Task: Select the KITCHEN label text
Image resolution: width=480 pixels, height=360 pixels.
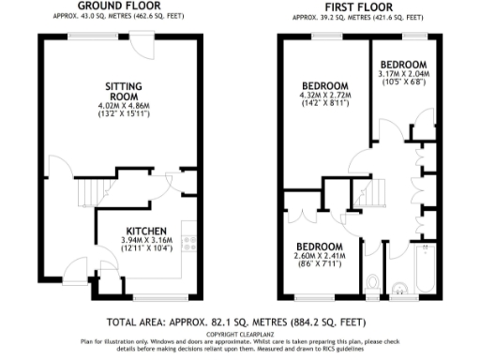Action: (147, 231)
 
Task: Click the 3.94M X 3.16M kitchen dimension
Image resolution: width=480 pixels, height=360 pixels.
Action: (147, 241)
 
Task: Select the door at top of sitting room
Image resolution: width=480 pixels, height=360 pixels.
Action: (142, 42)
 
